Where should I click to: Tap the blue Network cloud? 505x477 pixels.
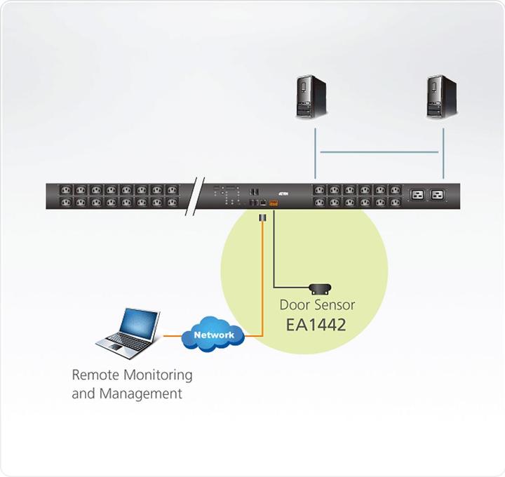click(x=214, y=335)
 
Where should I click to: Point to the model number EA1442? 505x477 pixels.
click(x=317, y=325)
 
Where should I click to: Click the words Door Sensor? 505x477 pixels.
click(x=317, y=305)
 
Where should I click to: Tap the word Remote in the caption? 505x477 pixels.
click(x=95, y=375)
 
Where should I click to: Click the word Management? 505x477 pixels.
click(x=141, y=393)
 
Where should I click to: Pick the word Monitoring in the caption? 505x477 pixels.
click(x=157, y=375)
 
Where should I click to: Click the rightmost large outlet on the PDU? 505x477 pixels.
click(x=439, y=196)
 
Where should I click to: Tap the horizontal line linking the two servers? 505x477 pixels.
click(x=379, y=152)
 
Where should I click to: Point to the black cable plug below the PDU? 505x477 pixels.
click(x=262, y=220)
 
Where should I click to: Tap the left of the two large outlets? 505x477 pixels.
click(x=417, y=196)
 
